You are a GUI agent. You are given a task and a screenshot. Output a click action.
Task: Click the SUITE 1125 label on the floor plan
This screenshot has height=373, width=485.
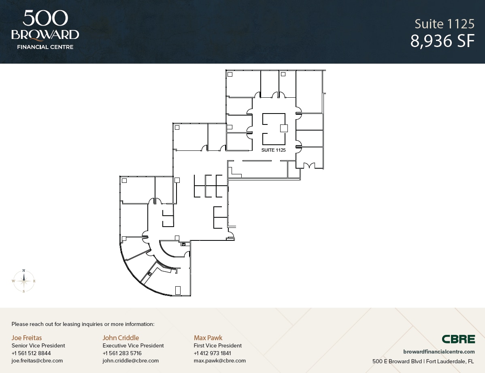[x=273, y=150]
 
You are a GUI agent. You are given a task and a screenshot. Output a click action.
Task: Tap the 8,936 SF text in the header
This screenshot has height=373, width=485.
[x=442, y=41]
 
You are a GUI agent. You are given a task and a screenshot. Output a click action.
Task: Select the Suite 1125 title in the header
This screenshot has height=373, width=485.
[x=445, y=24]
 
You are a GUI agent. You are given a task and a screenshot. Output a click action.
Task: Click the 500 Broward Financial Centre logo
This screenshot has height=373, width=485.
[x=45, y=30]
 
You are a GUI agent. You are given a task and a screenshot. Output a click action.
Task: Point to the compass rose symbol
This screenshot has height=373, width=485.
[x=24, y=281]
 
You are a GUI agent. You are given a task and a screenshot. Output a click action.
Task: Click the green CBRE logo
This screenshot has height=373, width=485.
[x=458, y=339]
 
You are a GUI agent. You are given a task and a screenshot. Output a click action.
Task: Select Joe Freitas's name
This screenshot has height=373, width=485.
[x=27, y=338]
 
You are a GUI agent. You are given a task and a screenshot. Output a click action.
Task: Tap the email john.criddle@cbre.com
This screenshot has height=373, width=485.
[x=130, y=360]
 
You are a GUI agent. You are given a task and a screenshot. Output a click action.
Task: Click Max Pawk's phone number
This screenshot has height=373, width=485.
[x=212, y=353]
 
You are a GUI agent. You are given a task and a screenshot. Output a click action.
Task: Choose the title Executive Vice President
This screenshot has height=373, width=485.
[x=133, y=345]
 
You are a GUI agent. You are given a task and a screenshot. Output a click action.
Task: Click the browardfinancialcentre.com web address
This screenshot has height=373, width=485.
[x=439, y=352]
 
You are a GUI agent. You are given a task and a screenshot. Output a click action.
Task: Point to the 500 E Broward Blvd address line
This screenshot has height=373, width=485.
[x=423, y=361]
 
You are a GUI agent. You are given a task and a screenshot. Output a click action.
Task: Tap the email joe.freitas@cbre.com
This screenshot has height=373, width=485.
[x=37, y=360]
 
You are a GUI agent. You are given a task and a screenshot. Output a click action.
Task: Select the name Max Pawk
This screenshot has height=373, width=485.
[x=208, y=338]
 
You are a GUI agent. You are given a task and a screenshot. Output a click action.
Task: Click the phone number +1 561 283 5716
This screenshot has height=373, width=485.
[x=122, y=353]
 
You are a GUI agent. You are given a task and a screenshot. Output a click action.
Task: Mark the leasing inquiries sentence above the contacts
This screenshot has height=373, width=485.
[x=83, y=324]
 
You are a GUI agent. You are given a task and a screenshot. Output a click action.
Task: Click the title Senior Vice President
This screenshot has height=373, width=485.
[x=38, y=345]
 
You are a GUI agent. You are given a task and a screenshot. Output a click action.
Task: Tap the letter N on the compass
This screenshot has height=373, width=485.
[x=24, y=270]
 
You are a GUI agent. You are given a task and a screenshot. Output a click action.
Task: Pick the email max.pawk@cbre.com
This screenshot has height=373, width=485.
[x=219, y=360]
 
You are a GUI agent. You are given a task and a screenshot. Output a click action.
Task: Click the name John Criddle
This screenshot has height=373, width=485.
[x=121, y=338]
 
